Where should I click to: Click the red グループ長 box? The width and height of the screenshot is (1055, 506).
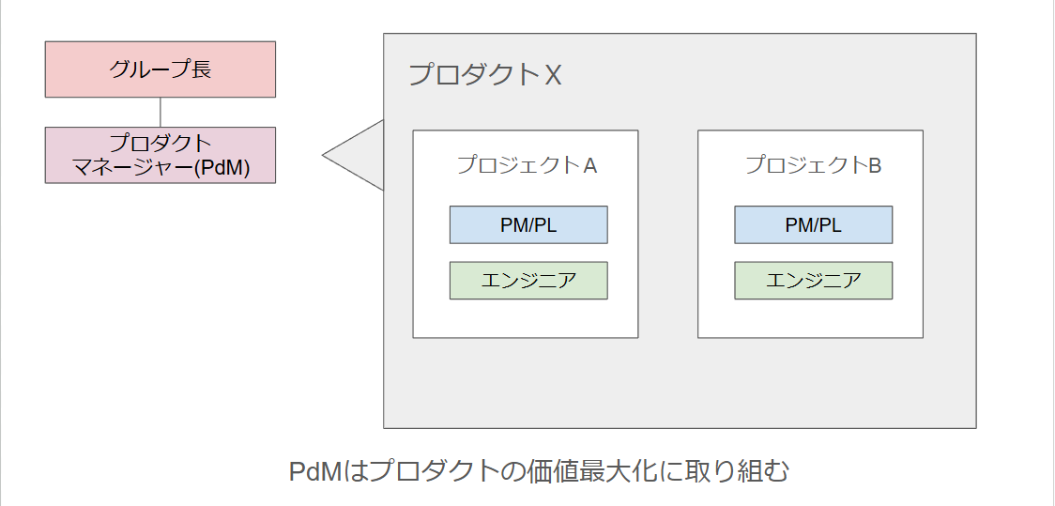point(160,69)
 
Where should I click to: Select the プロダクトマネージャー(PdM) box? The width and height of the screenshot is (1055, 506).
point(160,155)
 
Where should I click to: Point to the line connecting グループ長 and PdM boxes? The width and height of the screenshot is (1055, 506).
point(161,112)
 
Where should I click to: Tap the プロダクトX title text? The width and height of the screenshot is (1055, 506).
point(484,75)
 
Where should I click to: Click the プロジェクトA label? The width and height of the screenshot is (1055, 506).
point(526,166)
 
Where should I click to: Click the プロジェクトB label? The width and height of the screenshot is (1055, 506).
point(812,166)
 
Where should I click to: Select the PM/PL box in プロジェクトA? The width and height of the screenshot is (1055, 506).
point(528,225)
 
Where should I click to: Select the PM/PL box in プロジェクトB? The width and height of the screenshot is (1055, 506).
point(813,225)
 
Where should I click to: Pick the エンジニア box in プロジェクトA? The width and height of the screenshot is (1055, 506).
point(528,281)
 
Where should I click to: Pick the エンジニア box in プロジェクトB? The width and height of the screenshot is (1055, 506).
point(813,281)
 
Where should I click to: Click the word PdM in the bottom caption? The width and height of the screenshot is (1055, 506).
point(313,470)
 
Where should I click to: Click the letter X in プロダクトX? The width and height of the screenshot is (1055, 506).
point(553,75)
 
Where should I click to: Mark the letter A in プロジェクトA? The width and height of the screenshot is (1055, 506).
point(590,166)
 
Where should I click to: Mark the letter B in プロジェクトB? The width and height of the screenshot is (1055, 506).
point(875,166)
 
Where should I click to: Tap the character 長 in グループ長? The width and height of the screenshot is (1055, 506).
point(201,69)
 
